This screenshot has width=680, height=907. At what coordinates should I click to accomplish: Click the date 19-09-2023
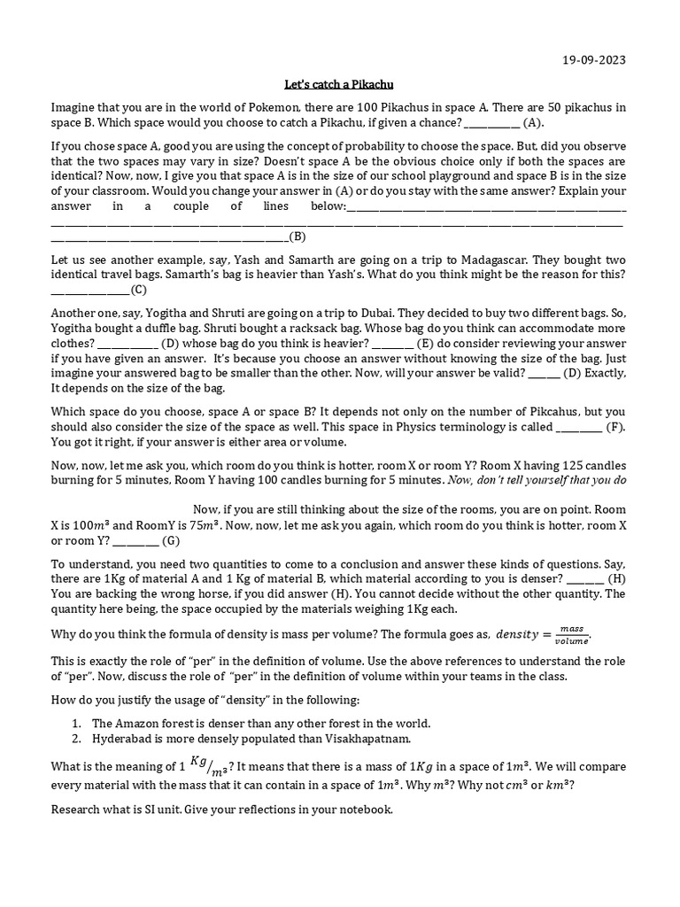(x=594, y=61)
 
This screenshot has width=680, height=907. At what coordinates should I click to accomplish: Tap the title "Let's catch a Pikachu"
(x=338, y=85)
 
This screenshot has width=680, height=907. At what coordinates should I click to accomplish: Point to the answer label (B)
(x=297, y=236)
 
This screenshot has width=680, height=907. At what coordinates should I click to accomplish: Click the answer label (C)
(x=138, y=290)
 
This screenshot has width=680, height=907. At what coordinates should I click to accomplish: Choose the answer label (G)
(x=171, y=540)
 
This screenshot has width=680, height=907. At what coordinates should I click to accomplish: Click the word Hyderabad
(x=123, y=739)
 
